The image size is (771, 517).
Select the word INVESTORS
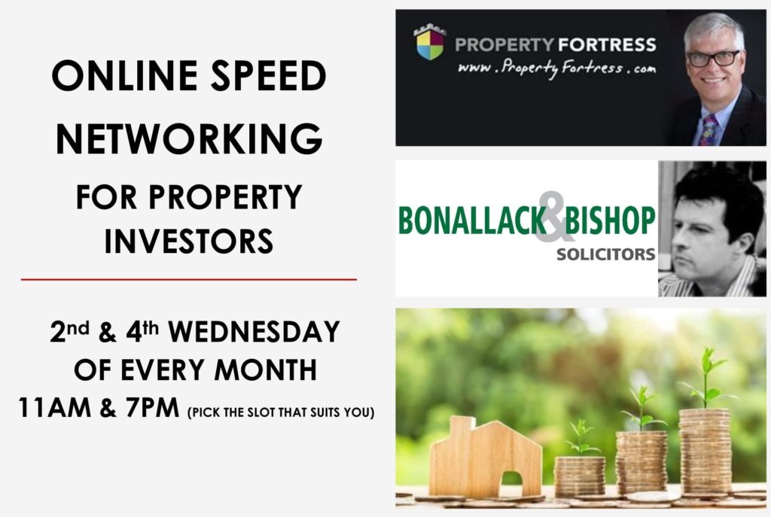click(x=189, y=241)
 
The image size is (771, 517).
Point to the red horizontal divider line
click(x=189, y=279)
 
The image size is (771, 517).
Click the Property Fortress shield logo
click(x=429, y=43)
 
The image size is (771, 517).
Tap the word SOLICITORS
click(x=605, y=254)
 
